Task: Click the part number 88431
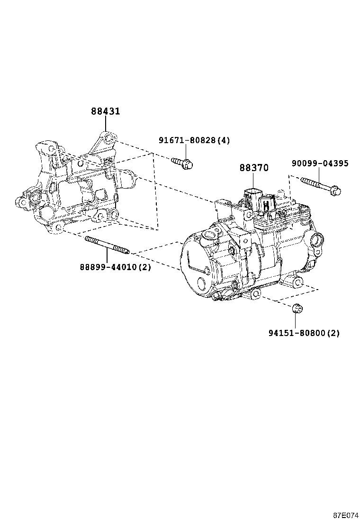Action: [105, 111]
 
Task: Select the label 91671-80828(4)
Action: [194, 140]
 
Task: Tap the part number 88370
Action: [253, 168]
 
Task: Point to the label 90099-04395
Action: [320, 164]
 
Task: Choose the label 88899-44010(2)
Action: [115, 267]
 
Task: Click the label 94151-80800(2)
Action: [304, 333]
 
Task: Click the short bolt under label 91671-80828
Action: [182, 163]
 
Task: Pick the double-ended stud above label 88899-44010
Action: [107, 245]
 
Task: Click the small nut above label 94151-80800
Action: [297, 308]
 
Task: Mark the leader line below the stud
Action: [107, 256]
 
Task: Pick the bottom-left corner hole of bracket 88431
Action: [59, 228]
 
